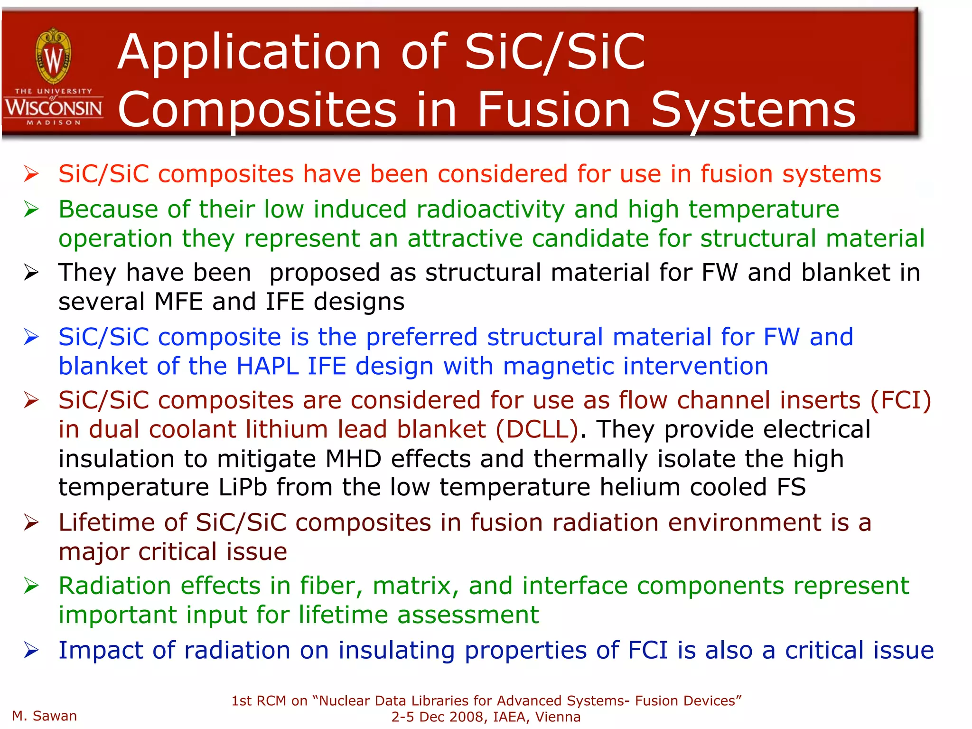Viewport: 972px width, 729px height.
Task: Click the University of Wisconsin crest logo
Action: tap(54, 56)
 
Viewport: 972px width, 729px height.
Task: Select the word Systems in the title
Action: tap(753, 110)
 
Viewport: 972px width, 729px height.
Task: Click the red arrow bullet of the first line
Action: tap(31, 174)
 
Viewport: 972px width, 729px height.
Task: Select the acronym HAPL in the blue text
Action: tap(267, 366)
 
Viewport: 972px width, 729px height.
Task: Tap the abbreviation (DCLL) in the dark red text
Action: tap(537, 429)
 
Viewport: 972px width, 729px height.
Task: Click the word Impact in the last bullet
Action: tap(101, 650)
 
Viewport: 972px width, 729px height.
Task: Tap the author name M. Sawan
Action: tap(45, 716)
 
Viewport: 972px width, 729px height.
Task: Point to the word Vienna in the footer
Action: tap(558, 717)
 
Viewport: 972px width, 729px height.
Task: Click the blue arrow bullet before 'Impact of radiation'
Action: tap(31, 650)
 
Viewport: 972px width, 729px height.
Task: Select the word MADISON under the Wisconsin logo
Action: tap(54, 123)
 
